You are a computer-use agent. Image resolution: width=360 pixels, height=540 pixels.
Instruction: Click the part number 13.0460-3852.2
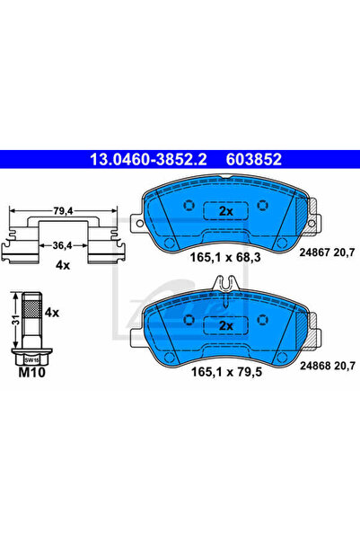point(143,160)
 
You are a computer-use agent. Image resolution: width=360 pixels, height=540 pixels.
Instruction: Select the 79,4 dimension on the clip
point(63,212)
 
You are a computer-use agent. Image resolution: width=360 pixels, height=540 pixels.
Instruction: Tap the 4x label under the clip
point(63,266)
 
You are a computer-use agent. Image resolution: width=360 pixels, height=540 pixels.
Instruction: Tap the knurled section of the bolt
point(30,313)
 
